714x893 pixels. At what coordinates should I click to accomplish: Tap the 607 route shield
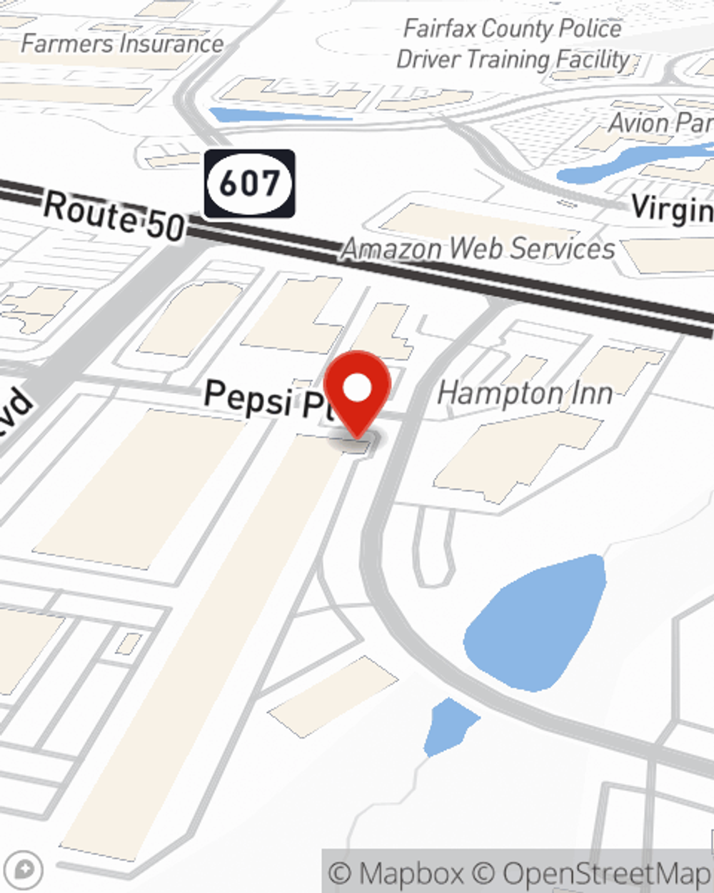tap(249, 184)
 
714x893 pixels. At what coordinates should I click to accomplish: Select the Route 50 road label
tap(114, 216)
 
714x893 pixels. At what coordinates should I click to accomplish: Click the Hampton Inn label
tap(525, 393)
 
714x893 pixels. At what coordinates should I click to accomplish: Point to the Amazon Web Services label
tap(478, 249)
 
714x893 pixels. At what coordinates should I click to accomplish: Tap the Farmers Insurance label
tap(122, 44)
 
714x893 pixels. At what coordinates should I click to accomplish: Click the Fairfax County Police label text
tap(513, 29)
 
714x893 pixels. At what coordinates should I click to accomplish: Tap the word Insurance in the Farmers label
tap(171, 44)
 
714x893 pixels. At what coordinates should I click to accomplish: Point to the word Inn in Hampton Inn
tap(589, 393)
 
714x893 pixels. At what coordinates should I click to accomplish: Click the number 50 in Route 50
tap(166, 225)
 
